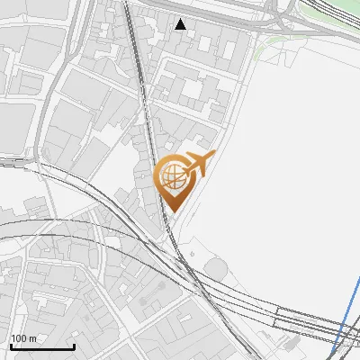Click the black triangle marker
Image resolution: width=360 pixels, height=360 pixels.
coord(181,24)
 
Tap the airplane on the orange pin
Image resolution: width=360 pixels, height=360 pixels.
coord(197,164)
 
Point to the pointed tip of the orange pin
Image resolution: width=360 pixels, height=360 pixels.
coord(171,212)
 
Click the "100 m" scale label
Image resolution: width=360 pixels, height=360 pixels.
coord(23,338)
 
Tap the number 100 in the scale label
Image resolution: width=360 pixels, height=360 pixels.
coord(19,338)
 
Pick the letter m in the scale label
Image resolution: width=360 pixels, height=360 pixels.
coord(32,338)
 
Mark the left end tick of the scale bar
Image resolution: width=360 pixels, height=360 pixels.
coord(11,346)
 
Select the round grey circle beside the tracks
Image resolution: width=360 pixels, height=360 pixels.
coord(216,268)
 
